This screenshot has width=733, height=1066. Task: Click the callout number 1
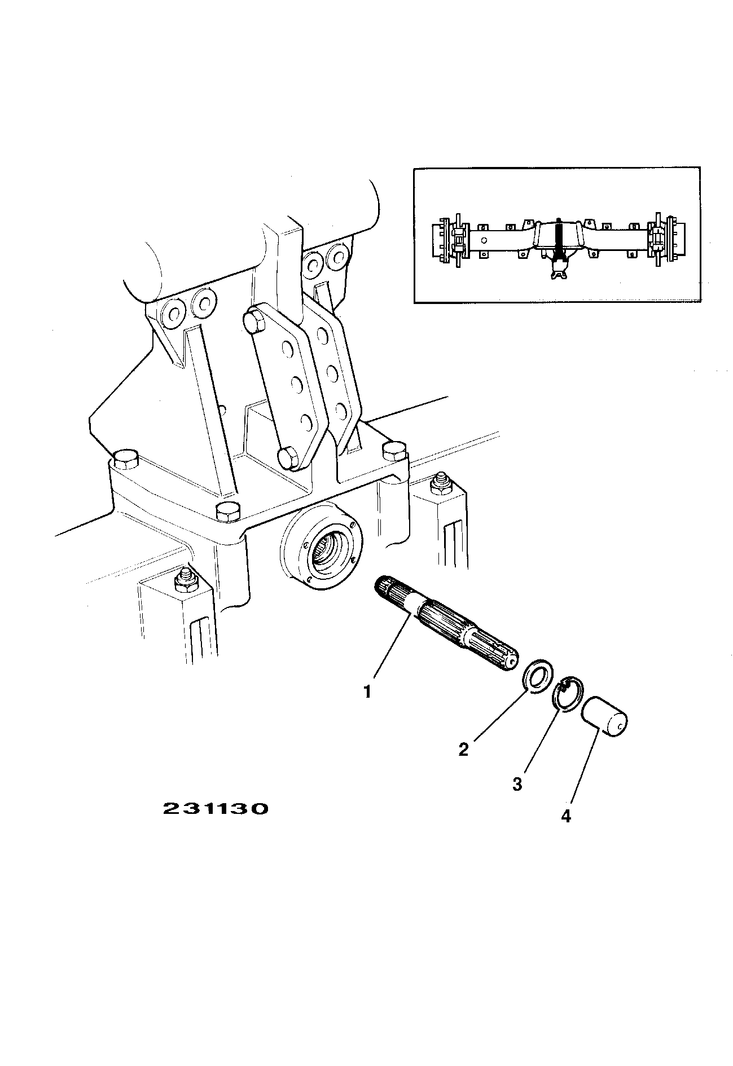point(367,691)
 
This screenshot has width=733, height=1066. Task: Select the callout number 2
point(463,750)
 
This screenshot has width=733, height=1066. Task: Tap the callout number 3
point(517,784)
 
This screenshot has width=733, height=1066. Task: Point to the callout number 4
point(566,816)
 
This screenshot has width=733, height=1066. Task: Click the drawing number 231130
point(215,809)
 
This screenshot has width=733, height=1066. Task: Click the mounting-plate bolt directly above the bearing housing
point(228,511)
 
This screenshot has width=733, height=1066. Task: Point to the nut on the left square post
point(185,580)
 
